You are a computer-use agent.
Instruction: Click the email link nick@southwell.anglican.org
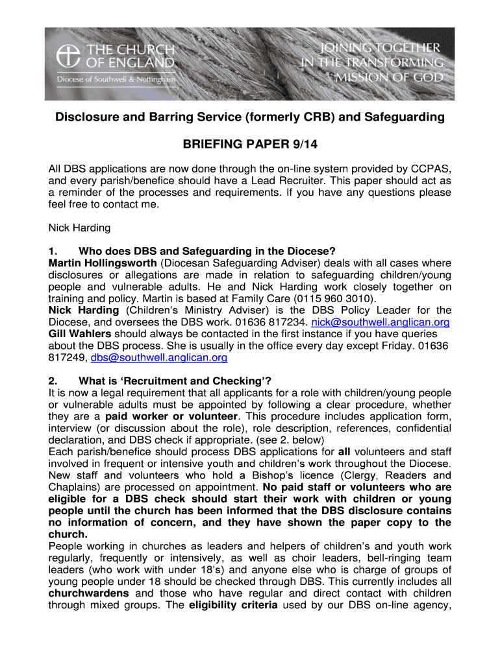[x=381, y=322]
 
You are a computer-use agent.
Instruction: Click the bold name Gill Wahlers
[x=80, y=334]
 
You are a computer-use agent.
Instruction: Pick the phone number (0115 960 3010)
[x=333, y=299]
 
